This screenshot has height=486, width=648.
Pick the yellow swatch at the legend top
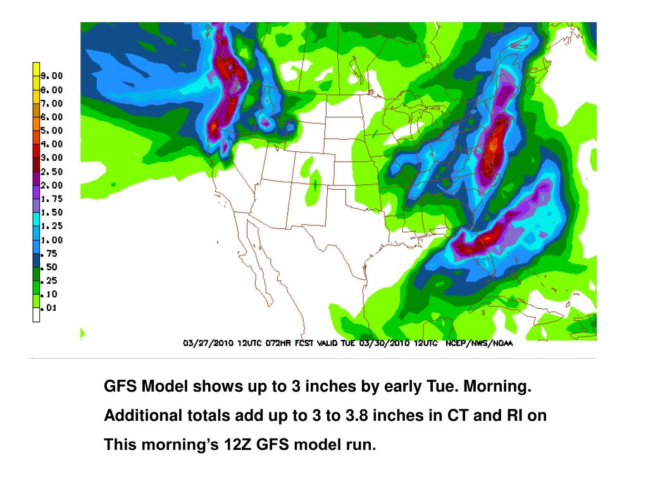[x=36, y=69]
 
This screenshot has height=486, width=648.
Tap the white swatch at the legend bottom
[x=36, y=315]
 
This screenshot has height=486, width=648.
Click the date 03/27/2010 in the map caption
[x=209, y=344]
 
